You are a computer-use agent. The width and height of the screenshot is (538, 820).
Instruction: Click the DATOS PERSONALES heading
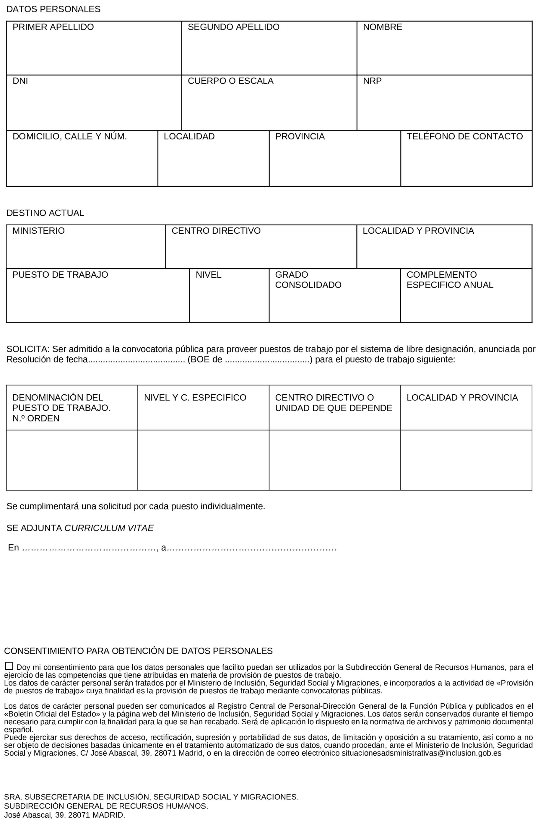(x=53, y=9)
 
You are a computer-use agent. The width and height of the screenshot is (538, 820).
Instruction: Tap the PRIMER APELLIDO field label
(x=53, y=27)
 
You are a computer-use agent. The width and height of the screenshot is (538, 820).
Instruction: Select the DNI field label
(x=20, y=81)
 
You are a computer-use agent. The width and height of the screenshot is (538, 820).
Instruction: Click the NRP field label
(x=372, y=81)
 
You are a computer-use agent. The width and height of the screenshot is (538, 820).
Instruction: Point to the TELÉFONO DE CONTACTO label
(x=464, y=136)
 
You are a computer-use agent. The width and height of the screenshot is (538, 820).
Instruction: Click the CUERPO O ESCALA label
(x=230, y=81)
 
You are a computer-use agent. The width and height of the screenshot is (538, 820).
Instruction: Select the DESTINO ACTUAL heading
(x=45, y=213)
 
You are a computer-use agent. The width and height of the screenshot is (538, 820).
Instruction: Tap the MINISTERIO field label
(x=39, y=231)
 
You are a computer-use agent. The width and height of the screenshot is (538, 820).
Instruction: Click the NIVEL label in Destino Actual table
(x=208, y=275)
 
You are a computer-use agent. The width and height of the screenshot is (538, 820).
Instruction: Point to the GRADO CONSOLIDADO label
(x=308, y=280)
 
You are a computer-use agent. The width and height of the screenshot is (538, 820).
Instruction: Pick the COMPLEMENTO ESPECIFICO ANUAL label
(x=449, y=280)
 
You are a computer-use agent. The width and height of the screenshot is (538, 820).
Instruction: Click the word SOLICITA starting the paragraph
(x=27, y=349)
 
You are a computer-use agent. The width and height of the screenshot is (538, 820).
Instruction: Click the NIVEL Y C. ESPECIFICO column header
(x=195, y=398)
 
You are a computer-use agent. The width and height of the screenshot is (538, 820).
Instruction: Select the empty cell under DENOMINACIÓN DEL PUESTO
(x=72, y=460)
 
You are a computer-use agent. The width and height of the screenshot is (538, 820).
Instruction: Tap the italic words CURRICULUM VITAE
(x=109, y=528)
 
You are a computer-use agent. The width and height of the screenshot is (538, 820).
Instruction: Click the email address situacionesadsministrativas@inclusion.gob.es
(x=421, y=753)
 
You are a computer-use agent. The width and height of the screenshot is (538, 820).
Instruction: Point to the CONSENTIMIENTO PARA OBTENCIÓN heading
(x=138, y=651)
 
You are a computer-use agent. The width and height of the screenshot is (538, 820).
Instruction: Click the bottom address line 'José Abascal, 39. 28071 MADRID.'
(x=64, y=815)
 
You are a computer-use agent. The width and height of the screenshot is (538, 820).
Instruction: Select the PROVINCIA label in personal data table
(x=300, y=136)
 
